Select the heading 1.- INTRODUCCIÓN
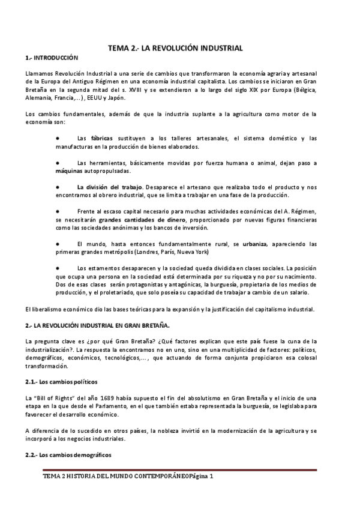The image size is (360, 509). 52,58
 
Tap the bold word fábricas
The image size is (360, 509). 101,139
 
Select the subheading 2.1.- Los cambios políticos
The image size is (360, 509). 62,382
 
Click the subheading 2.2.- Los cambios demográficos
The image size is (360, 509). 68,455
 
